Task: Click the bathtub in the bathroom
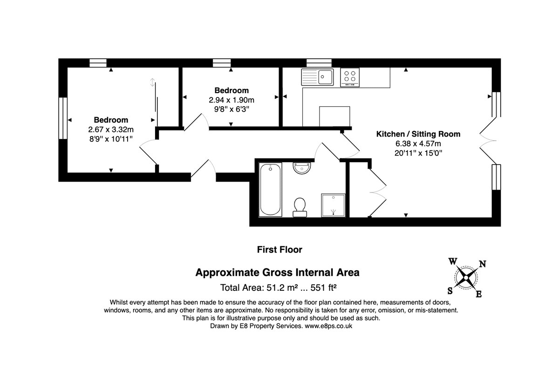point(271,190)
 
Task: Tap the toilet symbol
point(300,207)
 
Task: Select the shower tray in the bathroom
point(333,205)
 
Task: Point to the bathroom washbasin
point(302,168)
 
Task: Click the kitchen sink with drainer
point(317,77)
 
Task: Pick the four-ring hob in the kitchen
point(350,77)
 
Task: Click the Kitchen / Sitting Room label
point(418,134)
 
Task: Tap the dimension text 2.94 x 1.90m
point(232,100)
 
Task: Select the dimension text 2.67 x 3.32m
point(111,130)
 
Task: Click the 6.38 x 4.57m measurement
point(418,144)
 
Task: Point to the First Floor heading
point(279,250)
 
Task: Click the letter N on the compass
point(483,264)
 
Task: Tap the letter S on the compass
point(450,291)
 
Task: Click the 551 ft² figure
point(324,288)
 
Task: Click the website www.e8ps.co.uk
point(328,326)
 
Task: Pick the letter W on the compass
point(453,261)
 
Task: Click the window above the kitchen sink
point(319,63)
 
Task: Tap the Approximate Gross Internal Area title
point(277,273)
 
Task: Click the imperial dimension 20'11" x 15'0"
point(418,153)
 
